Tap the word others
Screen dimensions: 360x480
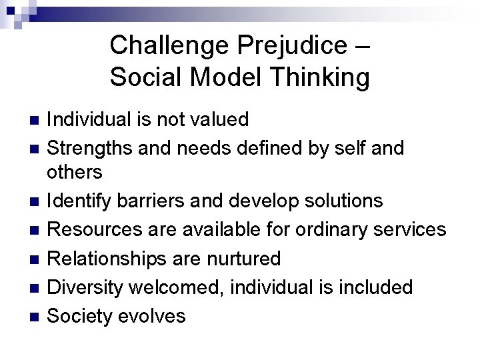(x=75, y=172)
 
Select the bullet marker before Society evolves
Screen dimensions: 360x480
(x=36, y=315)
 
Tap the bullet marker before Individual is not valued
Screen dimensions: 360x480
(x=36, y=121)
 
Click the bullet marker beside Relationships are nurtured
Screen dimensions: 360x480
(x=36, y=258)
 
